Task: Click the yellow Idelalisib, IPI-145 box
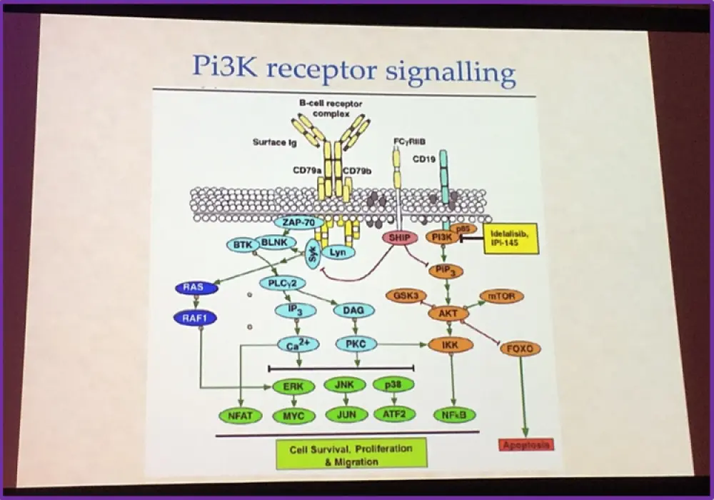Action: [511, 236]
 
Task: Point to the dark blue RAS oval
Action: [193, 289]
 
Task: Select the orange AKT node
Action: [447, 314]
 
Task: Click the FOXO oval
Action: [520, 349]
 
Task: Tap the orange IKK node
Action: [451, 346]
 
